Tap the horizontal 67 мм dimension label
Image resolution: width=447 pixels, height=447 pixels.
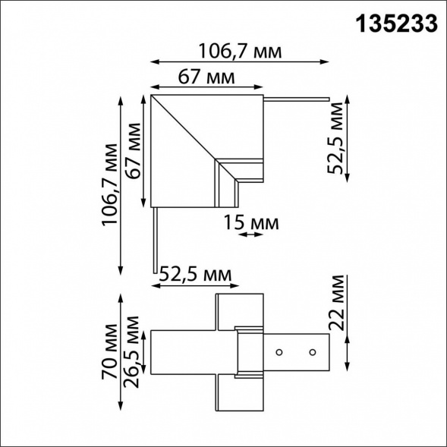tap(206, 77)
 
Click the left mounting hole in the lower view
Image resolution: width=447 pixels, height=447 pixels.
tap(279, 352)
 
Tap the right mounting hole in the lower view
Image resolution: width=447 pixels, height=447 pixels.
tap(311, 352)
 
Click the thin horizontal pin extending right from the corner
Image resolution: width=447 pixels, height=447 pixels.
tap(296, 98)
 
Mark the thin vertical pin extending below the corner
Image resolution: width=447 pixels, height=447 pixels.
tap(156, 239)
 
